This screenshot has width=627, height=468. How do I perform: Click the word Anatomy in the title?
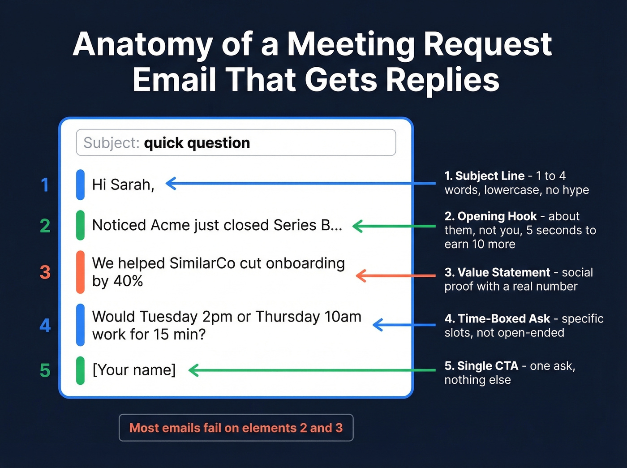(x=142, y=45)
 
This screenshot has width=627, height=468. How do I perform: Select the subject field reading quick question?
(x=236, y=143)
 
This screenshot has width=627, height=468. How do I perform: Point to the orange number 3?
(x=45, y=272)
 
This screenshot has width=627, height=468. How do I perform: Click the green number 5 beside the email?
(x=45, y=370)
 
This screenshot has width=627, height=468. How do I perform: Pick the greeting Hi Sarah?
(x=123, y=185)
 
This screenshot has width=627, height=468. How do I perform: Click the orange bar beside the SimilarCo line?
(x=81, y=272)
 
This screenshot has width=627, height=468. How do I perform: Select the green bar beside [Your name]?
(x=81, y=370)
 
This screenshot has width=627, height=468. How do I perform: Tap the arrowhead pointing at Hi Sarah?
(x=171, y=183)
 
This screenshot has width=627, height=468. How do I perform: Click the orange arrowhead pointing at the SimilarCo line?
(x=361, y=275)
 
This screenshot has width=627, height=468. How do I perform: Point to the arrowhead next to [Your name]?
(x=194, y=370)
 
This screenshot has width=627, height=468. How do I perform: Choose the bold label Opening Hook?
(x=497, y=216)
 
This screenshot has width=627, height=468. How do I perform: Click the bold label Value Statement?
(x=503, y=272)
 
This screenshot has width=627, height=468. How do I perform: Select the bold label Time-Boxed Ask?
(x=504, y=318)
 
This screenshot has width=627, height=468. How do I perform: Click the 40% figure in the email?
(x=128, y=281)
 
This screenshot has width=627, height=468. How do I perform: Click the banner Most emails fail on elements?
(x=236, y=428)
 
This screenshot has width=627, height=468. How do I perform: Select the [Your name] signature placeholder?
(x=134, y=370)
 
